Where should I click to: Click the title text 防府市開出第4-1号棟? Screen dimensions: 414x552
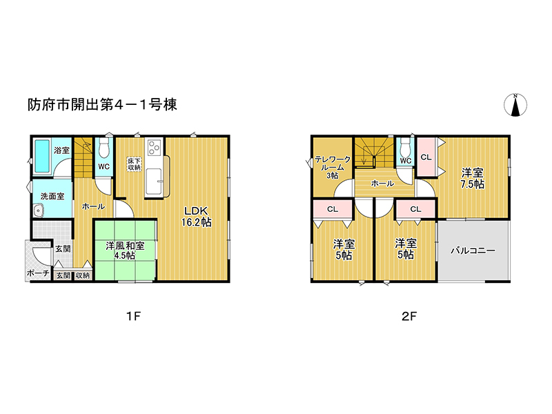(x=102, y=105)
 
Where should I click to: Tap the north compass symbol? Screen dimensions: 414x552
(x=515, y=105)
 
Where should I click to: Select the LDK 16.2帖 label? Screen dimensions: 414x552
(x=196, y=216)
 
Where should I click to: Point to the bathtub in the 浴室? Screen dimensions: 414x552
(x=41, y=157)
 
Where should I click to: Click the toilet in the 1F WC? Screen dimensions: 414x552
(x=103, y=148)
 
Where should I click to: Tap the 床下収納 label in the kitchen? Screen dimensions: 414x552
(x=134, y=164)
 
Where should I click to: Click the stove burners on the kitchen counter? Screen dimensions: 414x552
(x=153, y=148)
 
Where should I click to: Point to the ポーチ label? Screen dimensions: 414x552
(x=37, y=274)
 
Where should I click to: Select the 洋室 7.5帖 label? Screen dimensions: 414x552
(x=473, y=178)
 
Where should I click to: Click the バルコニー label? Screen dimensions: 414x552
(x=473, y=250)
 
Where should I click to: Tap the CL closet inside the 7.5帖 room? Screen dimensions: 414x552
(x=426, y=157)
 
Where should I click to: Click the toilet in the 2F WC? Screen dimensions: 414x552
(x=405, y=147)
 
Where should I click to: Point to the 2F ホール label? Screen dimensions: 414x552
(x=382, y=184)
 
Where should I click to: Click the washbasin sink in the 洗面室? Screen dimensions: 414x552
(x=39, y=212)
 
